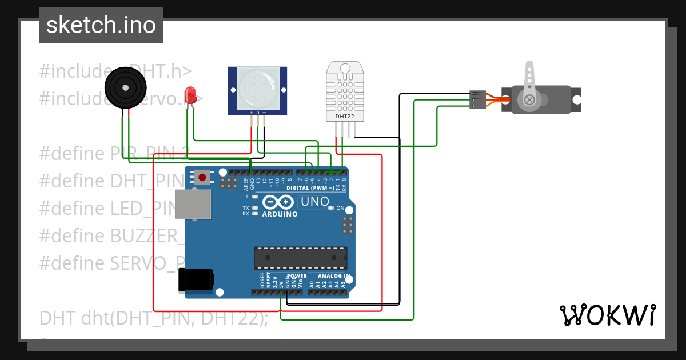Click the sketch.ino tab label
coord(101,25)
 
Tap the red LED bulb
coord(190,94)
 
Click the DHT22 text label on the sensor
coord(344,117)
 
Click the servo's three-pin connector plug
coord(478,99)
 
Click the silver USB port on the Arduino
coord(192,204)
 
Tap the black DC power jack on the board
coord(196,280)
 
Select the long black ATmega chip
coord(301,258)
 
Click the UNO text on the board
coord(314,202)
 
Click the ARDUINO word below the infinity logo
coord(279,214)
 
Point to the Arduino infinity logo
coord(278,202)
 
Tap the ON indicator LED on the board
coord(330,208)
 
